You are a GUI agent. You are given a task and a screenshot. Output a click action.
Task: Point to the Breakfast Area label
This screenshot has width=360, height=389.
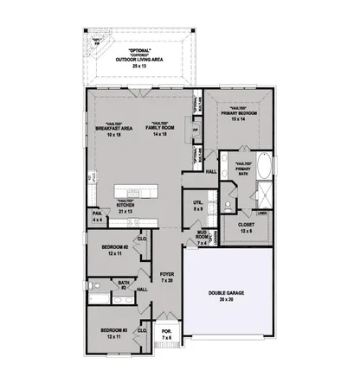tap(113, 129)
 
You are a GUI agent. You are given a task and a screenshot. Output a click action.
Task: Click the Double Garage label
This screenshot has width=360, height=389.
tap(227, 294)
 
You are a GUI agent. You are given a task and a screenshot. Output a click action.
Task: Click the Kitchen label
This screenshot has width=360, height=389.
tap(125, 205)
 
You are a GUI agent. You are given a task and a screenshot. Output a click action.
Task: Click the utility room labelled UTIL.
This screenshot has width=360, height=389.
tap(198, 204)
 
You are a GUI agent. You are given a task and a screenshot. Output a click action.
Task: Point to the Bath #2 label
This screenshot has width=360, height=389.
tap(125, 284)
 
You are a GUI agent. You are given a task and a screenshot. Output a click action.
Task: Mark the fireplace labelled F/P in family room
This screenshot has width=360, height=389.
tap(196, 131)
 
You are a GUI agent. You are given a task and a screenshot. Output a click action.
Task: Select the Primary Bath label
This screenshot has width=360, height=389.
tap(243, 169)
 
